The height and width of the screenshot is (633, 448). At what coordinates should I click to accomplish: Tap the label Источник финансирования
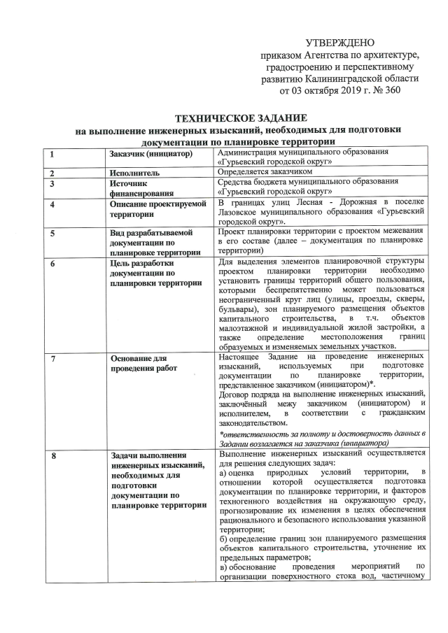(132, 188)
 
